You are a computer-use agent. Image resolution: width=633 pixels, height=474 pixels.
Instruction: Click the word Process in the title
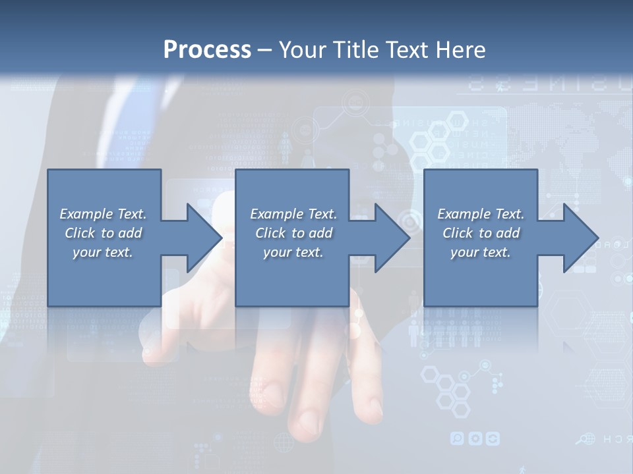point(207,49)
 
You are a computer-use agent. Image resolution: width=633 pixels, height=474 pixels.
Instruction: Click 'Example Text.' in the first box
point(103,214)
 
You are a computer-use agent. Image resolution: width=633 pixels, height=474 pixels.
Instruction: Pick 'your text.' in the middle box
point(292,252)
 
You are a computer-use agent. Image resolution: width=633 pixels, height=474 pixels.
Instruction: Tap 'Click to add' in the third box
point(481,233)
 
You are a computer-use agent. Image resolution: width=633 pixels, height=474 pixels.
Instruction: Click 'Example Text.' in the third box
point(481,214)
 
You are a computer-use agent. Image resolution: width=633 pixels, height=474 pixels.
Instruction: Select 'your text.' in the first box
point(103,252)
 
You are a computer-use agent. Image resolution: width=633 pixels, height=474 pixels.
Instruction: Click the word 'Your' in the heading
point(301,49)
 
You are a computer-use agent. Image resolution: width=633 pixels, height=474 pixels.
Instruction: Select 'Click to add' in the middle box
point(293,233)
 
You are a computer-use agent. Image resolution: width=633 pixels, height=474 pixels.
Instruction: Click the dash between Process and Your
point(264,49)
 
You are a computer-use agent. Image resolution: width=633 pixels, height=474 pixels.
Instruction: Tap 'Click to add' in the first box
point(103,233)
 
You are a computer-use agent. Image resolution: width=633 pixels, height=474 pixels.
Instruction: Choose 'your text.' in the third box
point(481,252)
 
